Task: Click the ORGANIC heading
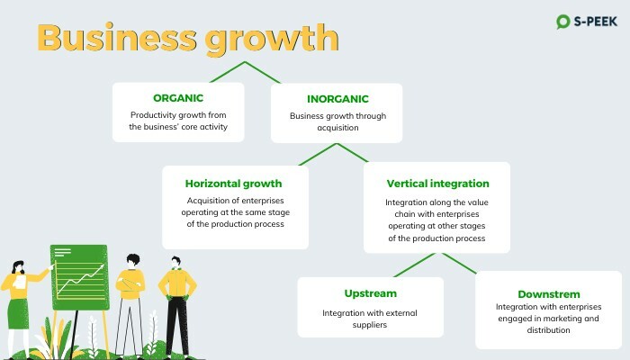[x=178, y=98]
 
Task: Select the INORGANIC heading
[x=337, y=99]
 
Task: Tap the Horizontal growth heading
[x=233, y=184]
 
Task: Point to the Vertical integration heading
[x=438, y=184]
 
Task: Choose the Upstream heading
[x=371, y=293]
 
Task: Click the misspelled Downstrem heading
[x=549, y=294]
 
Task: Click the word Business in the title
[x=117, y=38]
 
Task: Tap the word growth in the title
[x=272, y=40]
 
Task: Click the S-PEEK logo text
[x=596, y=22]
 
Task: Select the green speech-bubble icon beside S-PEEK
[x=562, y=22]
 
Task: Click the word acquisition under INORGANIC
[x=337, y=128]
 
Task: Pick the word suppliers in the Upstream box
[x=370, y=325]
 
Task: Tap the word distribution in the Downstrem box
[x=548, y=330]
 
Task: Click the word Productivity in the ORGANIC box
[x=153, y=115]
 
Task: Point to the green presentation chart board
[x=79, y=277]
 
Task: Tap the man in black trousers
[x=177, y=305]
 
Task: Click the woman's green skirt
[x=19, y=314]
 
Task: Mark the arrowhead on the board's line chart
[x=102, y=265]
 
